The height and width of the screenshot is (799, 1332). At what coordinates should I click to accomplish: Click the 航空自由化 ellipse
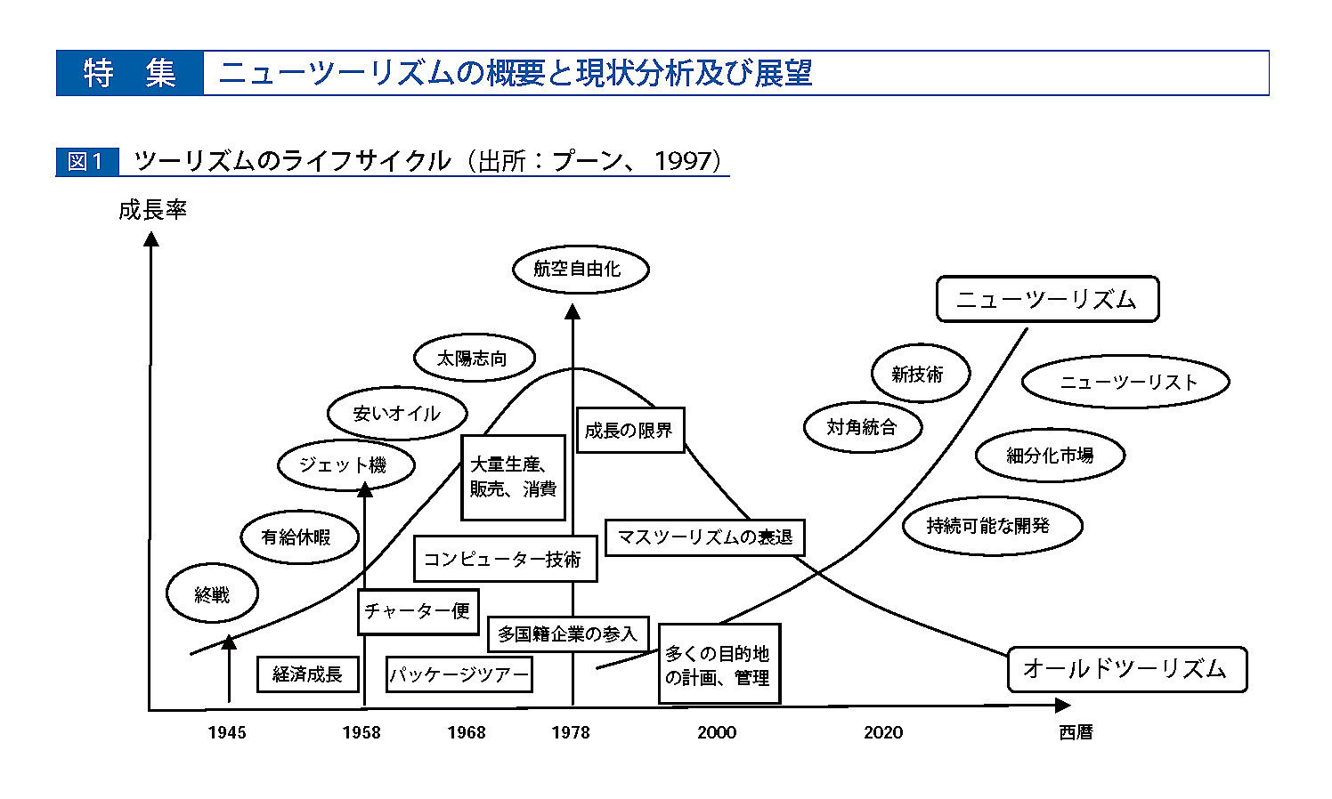click(x=580, y=270)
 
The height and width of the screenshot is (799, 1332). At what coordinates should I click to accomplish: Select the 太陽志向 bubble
click(x=474, y=359)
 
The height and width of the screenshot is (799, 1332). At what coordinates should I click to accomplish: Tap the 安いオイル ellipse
click(x=397, y=414)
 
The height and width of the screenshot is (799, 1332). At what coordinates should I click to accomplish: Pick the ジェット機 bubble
click(x=345, y=465)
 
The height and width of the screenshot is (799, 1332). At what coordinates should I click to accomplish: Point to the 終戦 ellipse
click(x=212, y=594)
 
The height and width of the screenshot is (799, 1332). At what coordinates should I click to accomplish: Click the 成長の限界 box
click(x=629, y=431)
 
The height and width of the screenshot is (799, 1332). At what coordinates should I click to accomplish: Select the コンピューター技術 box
click(x=504, y=559)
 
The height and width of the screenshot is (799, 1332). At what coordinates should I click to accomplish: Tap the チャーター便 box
click(x=418, y=611)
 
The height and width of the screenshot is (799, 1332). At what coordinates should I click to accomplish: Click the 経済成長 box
click(x=307, y=674)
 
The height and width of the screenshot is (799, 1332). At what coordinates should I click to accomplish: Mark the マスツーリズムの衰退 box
click(x=704, y=537)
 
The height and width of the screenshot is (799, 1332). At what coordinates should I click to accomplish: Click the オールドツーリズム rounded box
click(x=1126, y=669)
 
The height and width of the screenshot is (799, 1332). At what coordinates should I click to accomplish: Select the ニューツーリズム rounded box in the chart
click(x=1047, y=299)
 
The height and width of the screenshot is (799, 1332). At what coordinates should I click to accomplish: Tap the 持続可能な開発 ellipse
click(x=991, y=526)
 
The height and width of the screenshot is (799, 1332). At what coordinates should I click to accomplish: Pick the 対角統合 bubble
click(x=862, y=427)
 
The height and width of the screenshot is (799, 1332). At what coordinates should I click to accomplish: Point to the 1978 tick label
click(x=570, y=732)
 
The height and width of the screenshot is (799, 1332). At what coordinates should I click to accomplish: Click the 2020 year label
click(x=882, y=732)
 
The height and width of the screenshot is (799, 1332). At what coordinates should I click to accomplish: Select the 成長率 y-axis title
click(x=152, y=211)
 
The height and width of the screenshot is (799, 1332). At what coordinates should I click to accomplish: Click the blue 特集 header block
click(x=130, y=73)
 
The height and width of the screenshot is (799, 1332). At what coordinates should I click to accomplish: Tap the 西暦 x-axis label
click(x=1076, y=732)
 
